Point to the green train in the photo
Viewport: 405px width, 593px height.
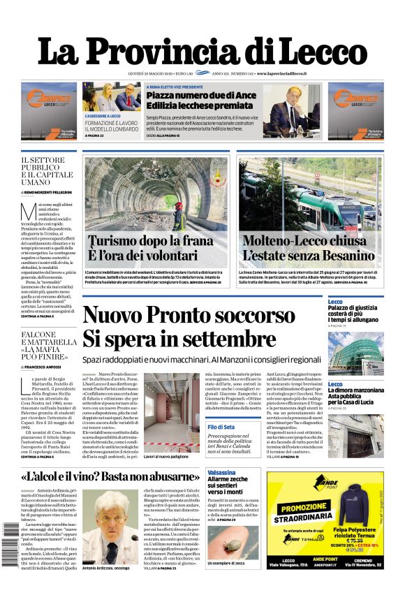(300, 203)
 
